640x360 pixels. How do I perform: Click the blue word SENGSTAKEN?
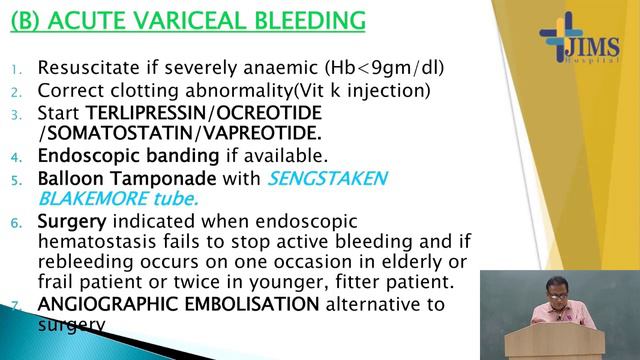coord(311,178)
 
